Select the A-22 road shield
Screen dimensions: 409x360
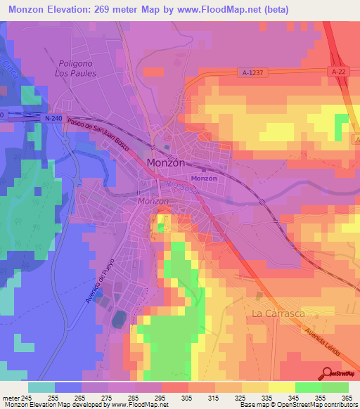tap(339, 71)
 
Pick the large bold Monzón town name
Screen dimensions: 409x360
tap(166, 162)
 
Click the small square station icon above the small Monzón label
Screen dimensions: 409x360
tap(204, 169)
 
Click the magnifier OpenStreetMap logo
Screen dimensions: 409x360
tap(328, 373)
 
